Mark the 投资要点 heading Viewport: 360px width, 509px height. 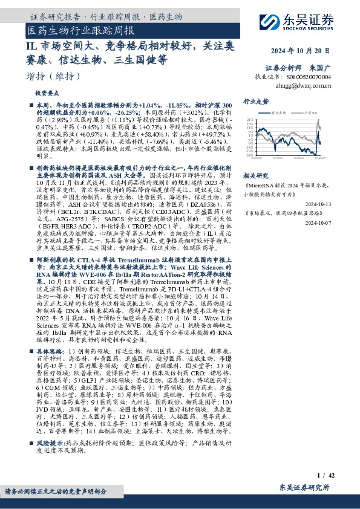47,94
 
